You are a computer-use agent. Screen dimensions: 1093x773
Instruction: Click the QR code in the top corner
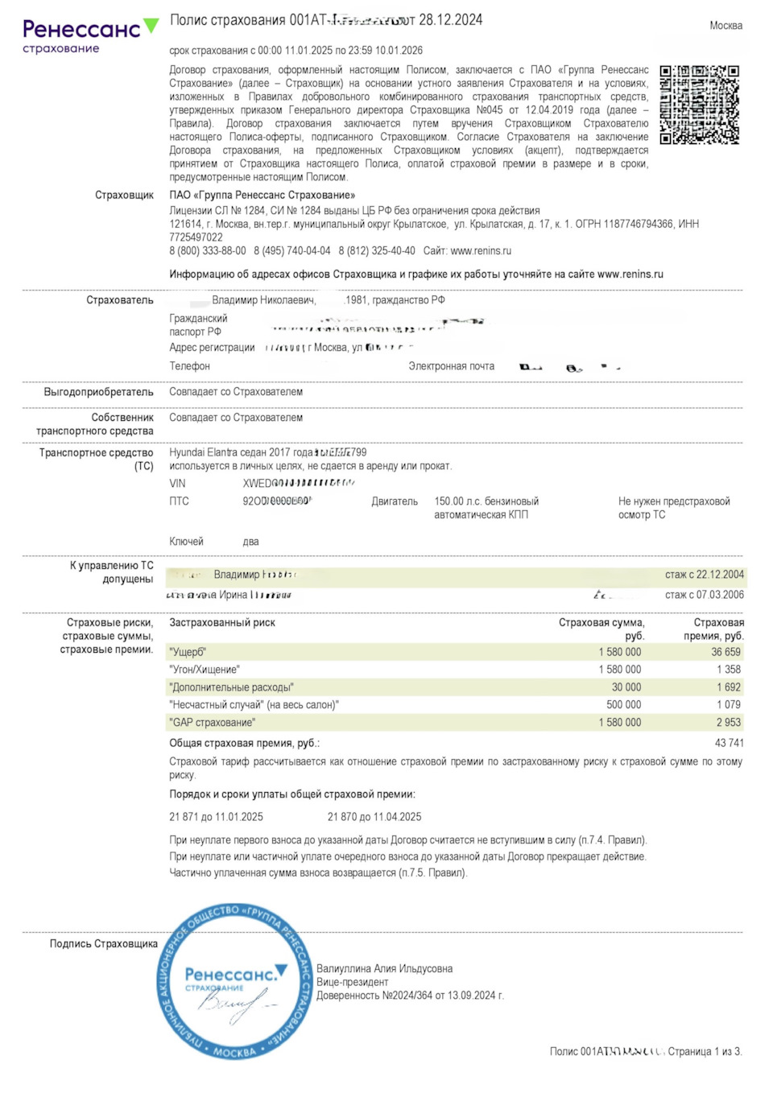pos(699,105)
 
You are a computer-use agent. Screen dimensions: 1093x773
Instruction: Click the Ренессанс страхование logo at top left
pos(89,36)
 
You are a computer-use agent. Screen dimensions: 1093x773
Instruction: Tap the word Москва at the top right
pos(725,26)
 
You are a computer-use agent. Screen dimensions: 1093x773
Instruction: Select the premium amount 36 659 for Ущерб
pos(725,652)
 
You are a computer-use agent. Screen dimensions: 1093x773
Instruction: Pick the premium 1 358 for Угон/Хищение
pos(728,670)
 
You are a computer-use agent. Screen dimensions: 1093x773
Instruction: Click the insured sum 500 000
pos(623,705)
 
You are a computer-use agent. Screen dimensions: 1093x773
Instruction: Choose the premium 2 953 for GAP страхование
pos(728,723)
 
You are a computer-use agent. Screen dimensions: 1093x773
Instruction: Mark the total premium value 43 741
pos(729,743)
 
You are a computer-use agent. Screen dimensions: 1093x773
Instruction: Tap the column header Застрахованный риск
pos(222,623)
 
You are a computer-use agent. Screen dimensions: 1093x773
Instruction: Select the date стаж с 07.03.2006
pos(704,595)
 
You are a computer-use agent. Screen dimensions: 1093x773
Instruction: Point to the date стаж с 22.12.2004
pos(704,575)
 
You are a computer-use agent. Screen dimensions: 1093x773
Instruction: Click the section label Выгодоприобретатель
pos(98,392)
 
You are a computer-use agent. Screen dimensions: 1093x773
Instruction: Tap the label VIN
pos(177,484)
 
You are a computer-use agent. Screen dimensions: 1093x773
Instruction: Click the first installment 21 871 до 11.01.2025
pos(216,817)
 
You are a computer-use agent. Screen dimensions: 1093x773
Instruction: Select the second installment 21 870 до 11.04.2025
pos(374,817)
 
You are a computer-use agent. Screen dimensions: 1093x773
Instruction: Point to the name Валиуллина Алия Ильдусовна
pos(384,969)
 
